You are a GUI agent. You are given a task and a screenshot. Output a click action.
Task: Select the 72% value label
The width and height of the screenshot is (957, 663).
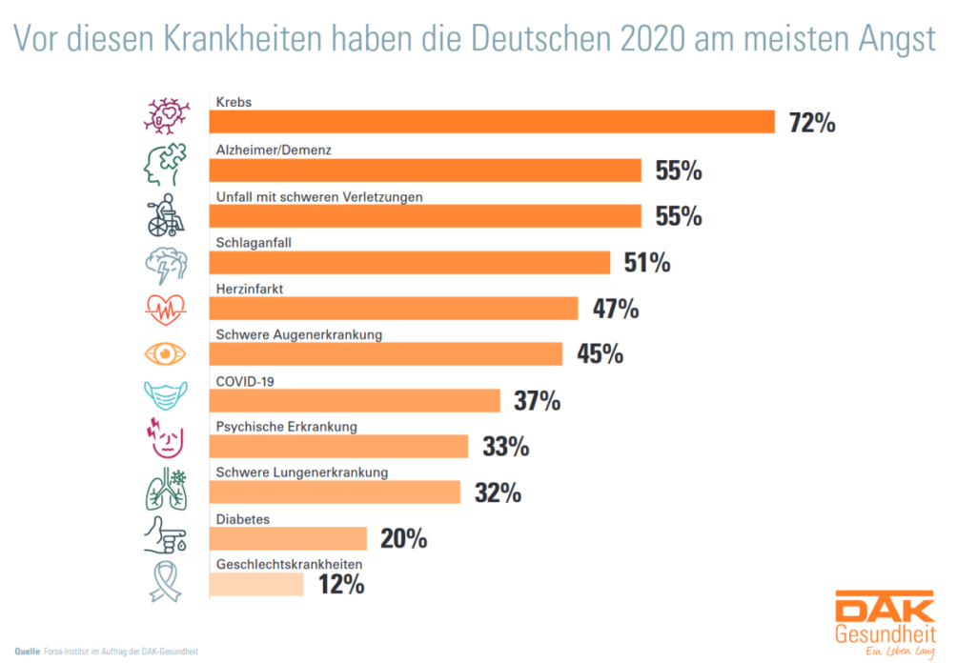[812, 123]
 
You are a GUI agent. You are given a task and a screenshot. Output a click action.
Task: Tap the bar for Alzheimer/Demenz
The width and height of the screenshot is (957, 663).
[424, 170]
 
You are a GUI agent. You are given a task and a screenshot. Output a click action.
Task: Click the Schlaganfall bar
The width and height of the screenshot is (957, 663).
[409, 262]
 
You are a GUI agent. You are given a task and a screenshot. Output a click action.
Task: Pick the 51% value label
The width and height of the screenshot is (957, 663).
[647, 262]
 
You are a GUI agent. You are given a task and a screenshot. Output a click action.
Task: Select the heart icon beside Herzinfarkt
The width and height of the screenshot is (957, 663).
[164, 308]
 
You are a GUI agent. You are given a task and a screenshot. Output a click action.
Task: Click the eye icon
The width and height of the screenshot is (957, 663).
[164, 353]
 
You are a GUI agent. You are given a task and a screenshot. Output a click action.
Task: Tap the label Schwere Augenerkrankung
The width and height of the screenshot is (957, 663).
[298, 335]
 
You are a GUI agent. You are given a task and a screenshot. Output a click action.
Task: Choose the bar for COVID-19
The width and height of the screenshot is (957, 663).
[354, 400]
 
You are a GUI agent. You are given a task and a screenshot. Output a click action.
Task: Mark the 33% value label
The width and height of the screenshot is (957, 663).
[506, 446]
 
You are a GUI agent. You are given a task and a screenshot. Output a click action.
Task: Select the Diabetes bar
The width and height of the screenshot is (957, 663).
[287, 538]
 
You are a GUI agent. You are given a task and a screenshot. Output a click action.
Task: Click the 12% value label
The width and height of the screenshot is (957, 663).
[340, 584]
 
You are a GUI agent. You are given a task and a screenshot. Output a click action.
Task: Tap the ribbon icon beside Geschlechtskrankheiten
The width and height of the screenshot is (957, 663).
[163, 582]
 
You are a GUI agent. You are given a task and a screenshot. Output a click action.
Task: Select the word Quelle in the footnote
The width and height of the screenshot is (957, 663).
[25, 652]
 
